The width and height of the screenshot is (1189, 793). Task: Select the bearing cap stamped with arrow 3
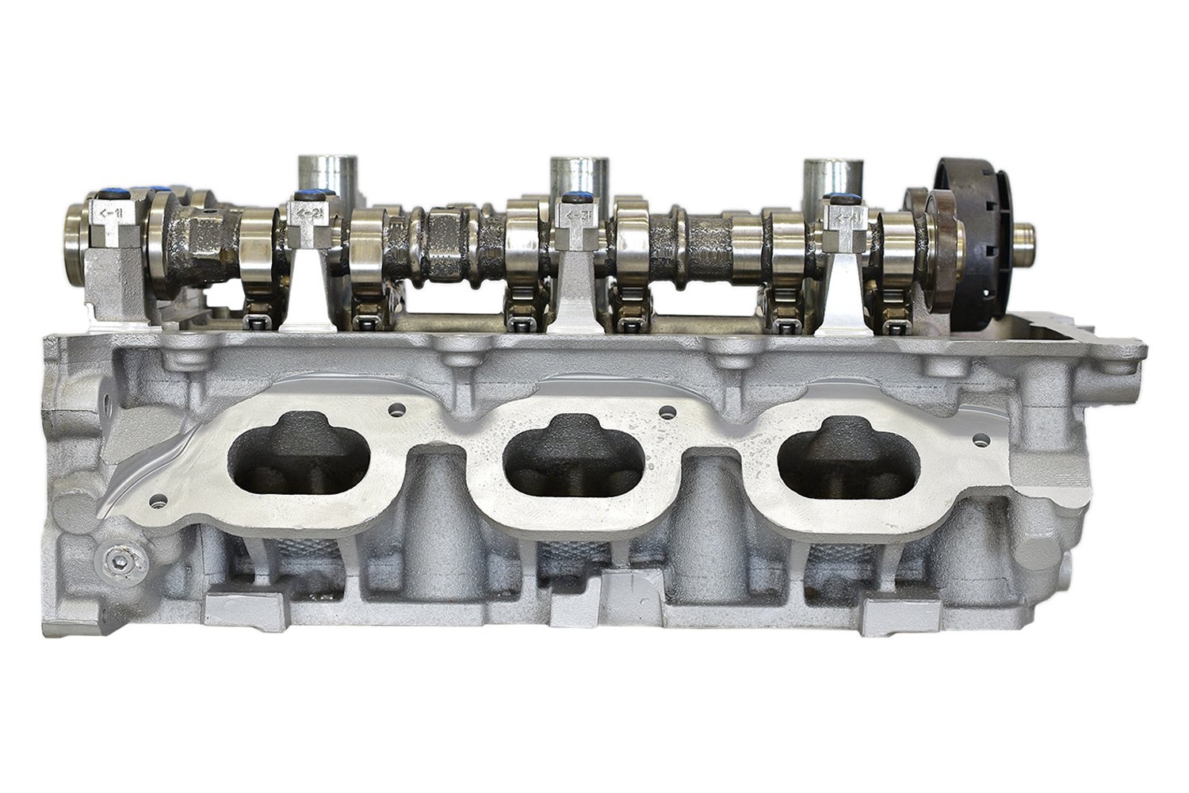(577, 220)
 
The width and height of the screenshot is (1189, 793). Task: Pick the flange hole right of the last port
(985, 437)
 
